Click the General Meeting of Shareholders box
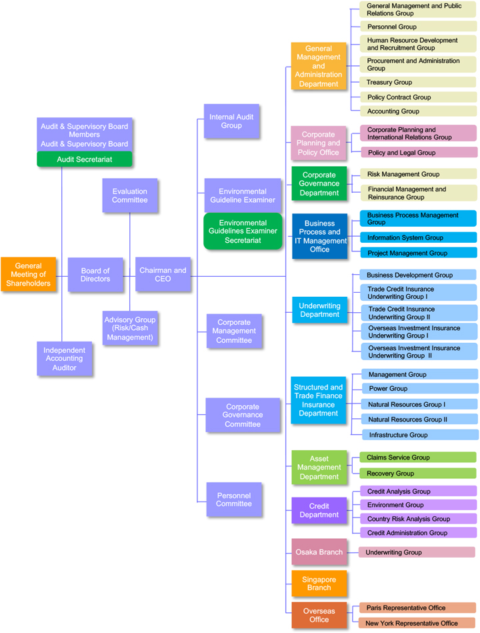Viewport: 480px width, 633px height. [28, 275]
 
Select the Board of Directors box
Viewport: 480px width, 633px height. [95, 275]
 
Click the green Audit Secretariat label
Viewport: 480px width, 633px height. [85, 159]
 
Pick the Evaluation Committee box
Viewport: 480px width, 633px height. [130, 196]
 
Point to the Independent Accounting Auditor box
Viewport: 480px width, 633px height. [65, 359]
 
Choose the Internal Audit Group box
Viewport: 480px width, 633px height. [231, 121]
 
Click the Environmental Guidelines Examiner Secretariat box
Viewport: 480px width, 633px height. [243, 231]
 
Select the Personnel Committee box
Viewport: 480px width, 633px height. [233, 500]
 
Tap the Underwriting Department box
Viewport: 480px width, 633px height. [319, 310]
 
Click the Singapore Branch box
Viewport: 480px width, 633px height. [319, 584]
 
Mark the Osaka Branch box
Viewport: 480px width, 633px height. [319, 552]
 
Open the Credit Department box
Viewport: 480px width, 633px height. [319, 510]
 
